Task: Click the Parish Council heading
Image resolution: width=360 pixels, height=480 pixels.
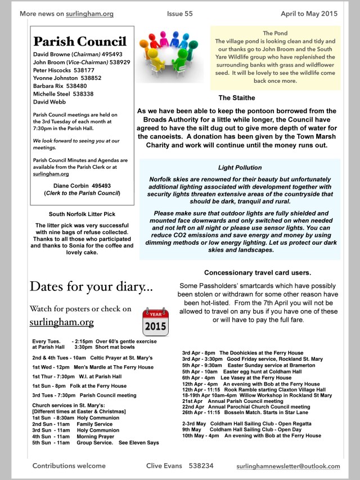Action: (x=79, y=42)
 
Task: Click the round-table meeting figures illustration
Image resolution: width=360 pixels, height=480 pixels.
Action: (x=170, y=56)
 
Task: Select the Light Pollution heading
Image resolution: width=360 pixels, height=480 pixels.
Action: (x=240, y=168)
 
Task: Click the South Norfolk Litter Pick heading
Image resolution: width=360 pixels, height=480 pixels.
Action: (x=82, y=214)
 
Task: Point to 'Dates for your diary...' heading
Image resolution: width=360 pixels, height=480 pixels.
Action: (x=91, y=286)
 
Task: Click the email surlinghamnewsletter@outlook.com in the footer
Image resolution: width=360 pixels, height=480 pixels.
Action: (x=296, y=466)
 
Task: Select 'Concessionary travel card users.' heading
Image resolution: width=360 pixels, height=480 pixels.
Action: (x=257, y=272)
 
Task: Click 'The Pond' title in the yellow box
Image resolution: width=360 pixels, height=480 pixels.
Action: (x=275, y=33)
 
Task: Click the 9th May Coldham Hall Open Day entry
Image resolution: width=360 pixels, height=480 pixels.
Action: (x=238, y=429)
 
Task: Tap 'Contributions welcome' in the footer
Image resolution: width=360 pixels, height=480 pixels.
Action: (x=69, y=466)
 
